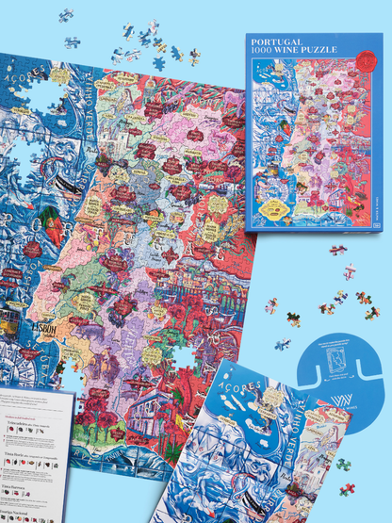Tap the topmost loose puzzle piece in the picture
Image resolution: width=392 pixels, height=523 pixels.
coord(65,15)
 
